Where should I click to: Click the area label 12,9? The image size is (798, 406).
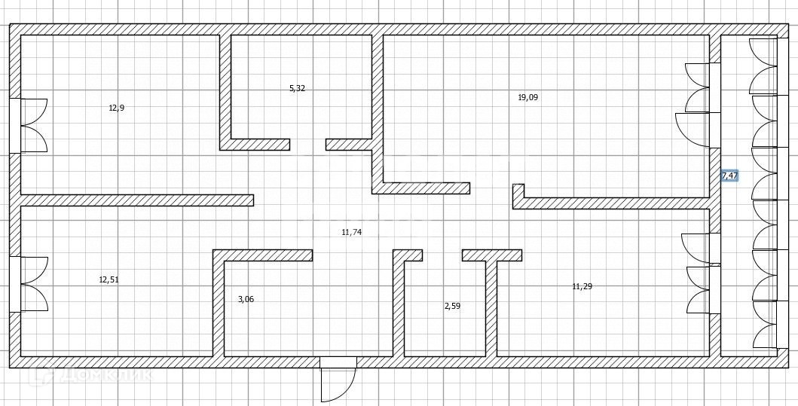[x=116, y=108]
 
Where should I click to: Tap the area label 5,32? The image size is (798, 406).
[x=297, y=88]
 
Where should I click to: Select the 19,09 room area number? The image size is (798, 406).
[x=527, y=97]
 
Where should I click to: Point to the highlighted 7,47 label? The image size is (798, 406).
[x=729, y=176]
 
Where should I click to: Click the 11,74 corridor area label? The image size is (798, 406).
[x=351, y=232]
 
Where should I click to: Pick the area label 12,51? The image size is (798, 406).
[x=109, y=279]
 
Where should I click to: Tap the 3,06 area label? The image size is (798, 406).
[x=246, y=299]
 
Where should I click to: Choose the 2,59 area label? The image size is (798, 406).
[x=452, y=306]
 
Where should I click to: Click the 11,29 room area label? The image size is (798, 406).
[x=582, y=286]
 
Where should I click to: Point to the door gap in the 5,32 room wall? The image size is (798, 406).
[x=308, y=144]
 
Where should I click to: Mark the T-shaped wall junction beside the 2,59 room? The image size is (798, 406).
[x=492, y=256]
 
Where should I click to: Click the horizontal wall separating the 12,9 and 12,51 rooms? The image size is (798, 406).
[x=136, y=200]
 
